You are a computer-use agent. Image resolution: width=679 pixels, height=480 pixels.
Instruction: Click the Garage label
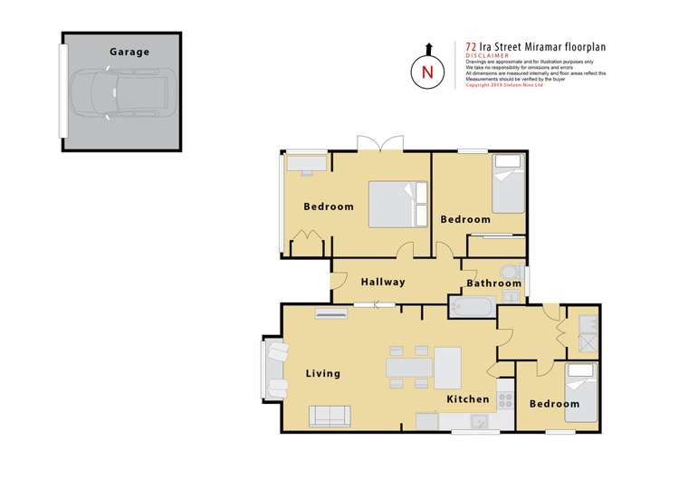(x=129, y=53)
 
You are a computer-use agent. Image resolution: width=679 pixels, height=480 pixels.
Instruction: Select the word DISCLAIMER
(x=485, y=54)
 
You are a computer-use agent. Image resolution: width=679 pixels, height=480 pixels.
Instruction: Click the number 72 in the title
(x=471, y=44)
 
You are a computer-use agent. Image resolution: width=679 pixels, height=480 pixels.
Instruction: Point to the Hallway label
(x=383, y=282)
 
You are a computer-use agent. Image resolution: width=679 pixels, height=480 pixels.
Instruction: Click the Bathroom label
(x=493, y=283)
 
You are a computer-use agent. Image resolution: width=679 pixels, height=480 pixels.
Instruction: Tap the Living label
(x=322, y=373)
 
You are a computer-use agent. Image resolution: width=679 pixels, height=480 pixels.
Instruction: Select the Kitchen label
(x=467, y=398)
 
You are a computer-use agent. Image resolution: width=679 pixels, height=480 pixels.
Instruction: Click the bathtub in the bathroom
(x=470, y=308)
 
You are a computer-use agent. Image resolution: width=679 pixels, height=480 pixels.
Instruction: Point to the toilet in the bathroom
(x=512, y=273)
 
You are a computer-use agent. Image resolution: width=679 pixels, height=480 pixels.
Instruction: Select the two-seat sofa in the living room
(x=330, y=416)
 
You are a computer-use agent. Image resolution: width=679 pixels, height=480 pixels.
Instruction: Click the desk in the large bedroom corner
(x=305, y=164)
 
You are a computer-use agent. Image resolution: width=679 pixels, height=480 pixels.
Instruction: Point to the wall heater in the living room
(x=330, y=313)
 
